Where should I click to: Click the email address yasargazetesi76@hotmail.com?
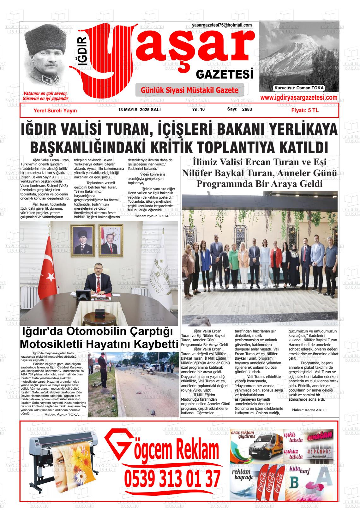[222, 25]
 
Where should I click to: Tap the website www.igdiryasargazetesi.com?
[298, 98]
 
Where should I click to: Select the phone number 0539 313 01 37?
[172, 479]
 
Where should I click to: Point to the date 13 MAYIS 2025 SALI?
[139, 110]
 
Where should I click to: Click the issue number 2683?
[247, 110]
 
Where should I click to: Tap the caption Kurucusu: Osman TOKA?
[299, 88]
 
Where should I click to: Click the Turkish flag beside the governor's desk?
[48, 268]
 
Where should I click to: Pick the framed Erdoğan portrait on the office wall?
[111, 240]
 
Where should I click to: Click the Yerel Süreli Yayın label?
[55, 111]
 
